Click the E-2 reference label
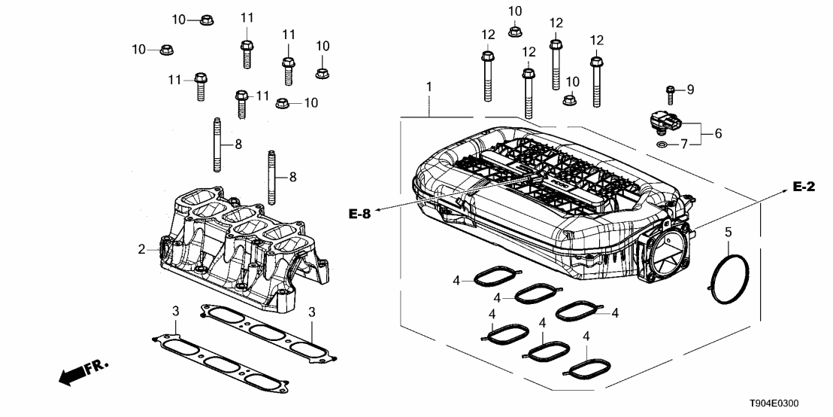click(804, 187)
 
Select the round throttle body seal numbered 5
click(730, 279)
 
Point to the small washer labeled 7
click(661, 142)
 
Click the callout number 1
click(429, 88)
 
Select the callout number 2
click(141, 248)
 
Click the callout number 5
click(728, 233)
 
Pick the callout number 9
click(690, 90)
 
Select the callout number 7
click(684, 143)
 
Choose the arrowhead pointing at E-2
click(781, 193)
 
